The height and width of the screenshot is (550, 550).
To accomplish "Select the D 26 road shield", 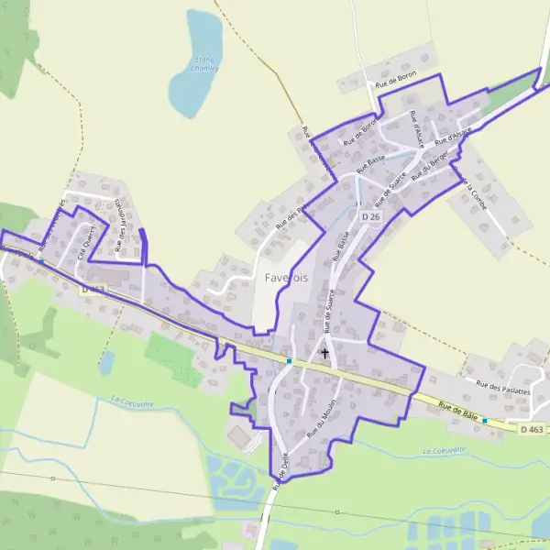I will click(369, 216).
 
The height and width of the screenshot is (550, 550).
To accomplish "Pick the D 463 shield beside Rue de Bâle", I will click(531, 428).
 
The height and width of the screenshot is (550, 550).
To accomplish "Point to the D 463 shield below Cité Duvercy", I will click(93, 289).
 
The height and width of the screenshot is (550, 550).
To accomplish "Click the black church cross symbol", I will click(324, 352).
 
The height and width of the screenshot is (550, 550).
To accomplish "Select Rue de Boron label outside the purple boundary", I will click(395, 83).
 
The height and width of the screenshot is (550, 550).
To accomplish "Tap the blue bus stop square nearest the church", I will click(289, 360).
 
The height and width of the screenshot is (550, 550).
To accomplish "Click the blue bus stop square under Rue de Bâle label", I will click(484, 420).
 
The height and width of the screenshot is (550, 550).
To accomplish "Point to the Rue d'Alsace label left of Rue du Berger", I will click(418, 129).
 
